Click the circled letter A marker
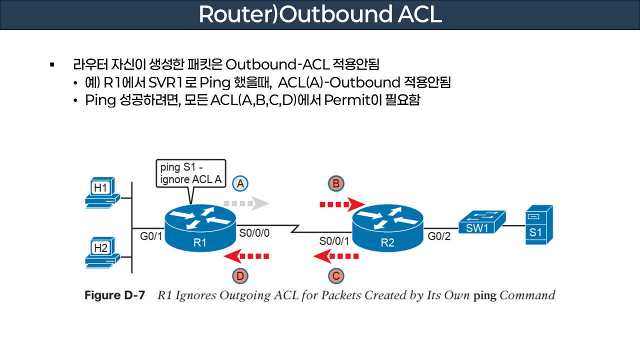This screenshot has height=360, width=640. pos(240,183)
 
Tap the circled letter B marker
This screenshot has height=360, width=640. pos(336,183)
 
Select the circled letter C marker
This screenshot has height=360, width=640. pos(336,275)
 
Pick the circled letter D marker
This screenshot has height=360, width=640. pos(240,275)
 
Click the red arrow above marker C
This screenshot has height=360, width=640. pos(336,257)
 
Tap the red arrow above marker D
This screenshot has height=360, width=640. pos(246,257)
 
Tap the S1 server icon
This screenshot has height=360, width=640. pos(538,224)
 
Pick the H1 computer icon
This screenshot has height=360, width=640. pos(102,192)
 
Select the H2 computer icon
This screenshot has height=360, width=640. pos(102,251)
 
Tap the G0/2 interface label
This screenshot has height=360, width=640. pos(439,236)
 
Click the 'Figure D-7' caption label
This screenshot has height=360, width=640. pos(114,295)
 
